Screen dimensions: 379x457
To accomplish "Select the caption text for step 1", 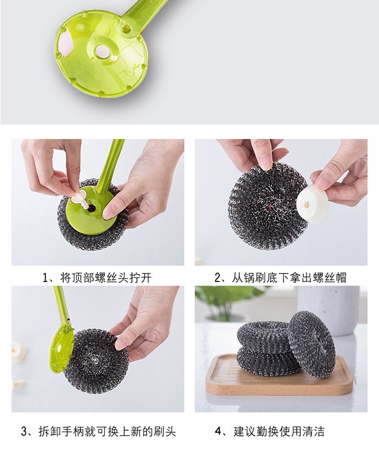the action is (97, 278).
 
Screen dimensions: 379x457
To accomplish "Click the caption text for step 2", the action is (280, 278).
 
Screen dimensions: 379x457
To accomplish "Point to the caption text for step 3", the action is (99, 432).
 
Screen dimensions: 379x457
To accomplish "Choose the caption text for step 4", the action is (269, 432).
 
